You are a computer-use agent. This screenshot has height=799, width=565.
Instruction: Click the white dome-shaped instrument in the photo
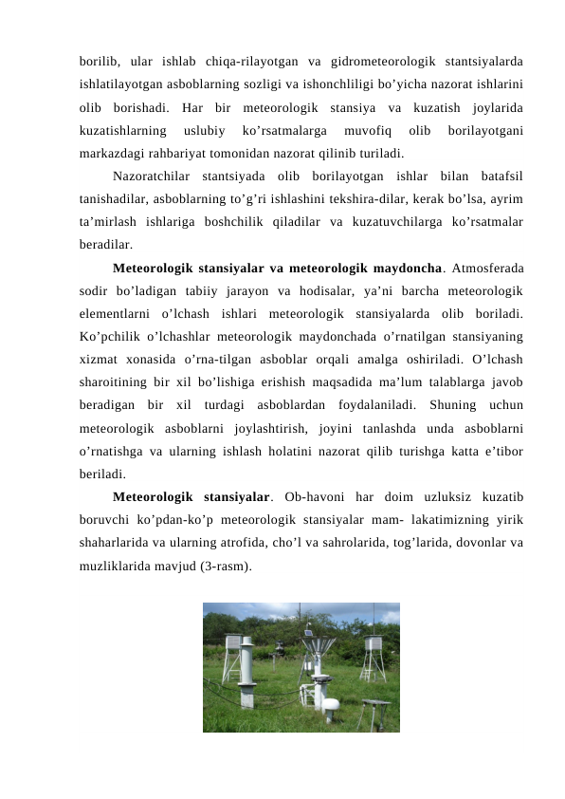click(330, 705)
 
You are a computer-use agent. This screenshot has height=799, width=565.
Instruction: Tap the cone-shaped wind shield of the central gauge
click(320, 653)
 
